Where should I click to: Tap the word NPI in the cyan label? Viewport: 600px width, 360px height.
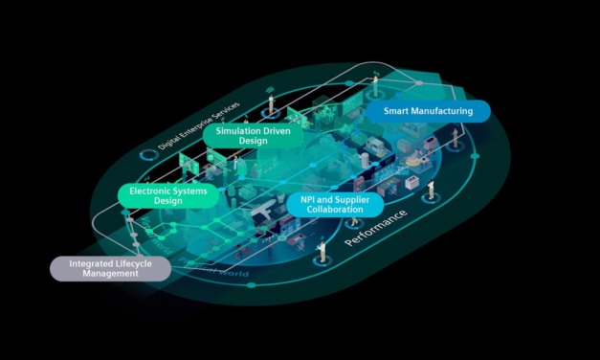pos(309,199)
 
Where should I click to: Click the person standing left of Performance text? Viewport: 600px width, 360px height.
pos(322,249)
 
